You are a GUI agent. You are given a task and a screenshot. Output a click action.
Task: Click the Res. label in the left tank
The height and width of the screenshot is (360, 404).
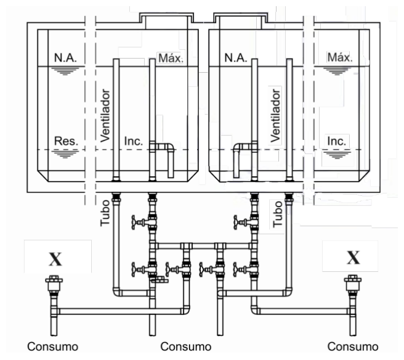pyautogui.click(x=66, y=141)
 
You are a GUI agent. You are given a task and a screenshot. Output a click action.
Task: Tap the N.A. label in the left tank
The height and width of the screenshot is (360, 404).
pyautogui.click(x=65, y=57)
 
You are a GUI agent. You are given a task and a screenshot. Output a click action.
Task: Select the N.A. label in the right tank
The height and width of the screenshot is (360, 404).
pyautogui.click(x=236, y=57)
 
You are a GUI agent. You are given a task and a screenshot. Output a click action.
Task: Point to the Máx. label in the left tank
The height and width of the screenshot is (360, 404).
pyautogui.click(x=171, y=58)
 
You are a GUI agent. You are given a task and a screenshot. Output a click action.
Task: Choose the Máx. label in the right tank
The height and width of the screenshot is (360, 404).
pyautogui.click(x=340, y=57)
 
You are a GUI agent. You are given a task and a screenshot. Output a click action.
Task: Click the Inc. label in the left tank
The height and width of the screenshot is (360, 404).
pyautogui.click(x=134, y=141)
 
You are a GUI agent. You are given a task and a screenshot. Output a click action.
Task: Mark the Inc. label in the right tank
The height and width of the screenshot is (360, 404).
pyautogui.click(x=336, y=141)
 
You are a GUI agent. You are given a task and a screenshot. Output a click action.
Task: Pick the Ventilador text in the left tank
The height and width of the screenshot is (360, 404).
pyautogui.click(x=105, y=115)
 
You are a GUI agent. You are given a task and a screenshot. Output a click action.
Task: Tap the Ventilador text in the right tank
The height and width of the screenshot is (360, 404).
pyautogui.click(x=275, y=115)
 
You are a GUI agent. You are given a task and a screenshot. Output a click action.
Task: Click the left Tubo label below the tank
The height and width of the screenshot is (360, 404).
pyautogui.click(x=105, y=213)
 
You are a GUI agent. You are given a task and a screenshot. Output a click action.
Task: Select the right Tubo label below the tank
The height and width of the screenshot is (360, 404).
pyautogui.click(x=278, y=214)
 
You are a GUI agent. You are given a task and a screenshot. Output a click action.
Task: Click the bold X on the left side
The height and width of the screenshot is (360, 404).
pyautogui.click(x=55, y=259)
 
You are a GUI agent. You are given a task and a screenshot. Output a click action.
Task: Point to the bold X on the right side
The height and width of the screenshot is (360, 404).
pyautogui.click(x=353, y=258)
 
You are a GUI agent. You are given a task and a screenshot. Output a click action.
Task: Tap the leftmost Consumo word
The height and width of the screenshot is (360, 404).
pyautogui.click(x=53, y=346)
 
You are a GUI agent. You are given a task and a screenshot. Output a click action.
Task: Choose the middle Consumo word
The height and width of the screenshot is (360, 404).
pyautogui.click(x=186, y=346)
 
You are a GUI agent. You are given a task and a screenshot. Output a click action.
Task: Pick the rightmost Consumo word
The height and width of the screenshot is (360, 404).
pyautogui.click(x=353, y=346)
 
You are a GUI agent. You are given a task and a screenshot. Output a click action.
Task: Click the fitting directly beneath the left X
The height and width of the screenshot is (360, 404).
pyautogui.click(x=54, y=283)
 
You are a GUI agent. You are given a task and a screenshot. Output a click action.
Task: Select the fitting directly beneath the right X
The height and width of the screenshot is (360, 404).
pyautogui.click(x=353, y=283)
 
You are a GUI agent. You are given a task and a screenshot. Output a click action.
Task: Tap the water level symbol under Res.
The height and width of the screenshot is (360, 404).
pyautogui.click(x=65, y=154)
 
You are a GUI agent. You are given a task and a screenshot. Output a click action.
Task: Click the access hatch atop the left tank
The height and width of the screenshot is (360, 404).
pyautogui.click(x=167, y=20)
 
